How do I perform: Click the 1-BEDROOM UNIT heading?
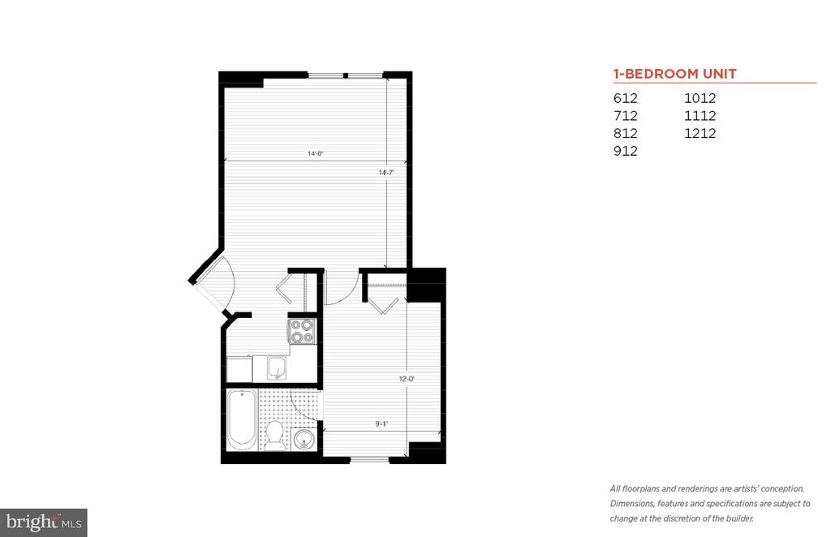[x=674, y=74]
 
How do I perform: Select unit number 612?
[x=626, y=98]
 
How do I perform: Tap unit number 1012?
[x=700, y=98]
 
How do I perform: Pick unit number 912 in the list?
[x=626, y=151]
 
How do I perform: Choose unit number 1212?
[x=700, y=133]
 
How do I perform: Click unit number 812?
[x=626, y=133]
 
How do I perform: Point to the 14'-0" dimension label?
[x=316, y=153]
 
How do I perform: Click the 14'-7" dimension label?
[x=386, y=173]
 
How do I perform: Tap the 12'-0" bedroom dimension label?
[x=407, y=379]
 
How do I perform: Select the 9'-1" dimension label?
[x=381, y=423]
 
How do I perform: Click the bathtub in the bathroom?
[x=242, y=419]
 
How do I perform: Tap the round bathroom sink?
[x=304, y=439]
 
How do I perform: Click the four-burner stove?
[x=302, y=330]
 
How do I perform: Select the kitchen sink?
[x=277, y=368]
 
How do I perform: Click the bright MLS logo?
[x=44, y=522]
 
